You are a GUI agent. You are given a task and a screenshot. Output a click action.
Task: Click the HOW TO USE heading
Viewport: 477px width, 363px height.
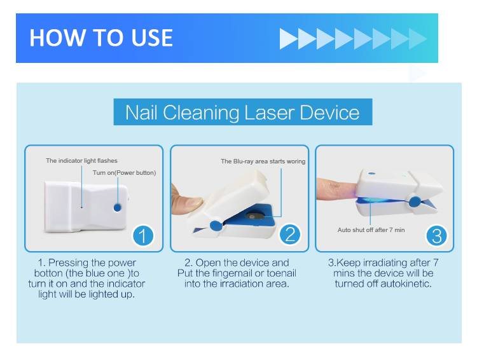point(101,38)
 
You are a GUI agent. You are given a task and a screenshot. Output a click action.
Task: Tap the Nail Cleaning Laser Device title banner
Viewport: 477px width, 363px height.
point(243,112)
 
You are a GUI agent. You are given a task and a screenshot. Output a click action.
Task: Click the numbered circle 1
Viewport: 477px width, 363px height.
point(143,236)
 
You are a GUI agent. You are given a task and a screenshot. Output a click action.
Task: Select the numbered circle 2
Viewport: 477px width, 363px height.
point(290,235)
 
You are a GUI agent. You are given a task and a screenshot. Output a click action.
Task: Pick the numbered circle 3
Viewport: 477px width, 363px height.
point(437,236)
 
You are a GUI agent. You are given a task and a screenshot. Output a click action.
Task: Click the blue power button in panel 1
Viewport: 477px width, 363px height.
point(118,208)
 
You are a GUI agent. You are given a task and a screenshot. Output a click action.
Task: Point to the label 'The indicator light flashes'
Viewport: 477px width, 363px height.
point(81,161)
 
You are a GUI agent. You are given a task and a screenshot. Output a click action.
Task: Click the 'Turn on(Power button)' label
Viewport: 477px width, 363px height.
point(124,173)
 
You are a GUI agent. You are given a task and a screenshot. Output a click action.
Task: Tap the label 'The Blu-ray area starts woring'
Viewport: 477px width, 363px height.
point(263,161)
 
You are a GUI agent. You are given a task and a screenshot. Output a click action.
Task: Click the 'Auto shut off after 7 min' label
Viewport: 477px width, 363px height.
point(371,230)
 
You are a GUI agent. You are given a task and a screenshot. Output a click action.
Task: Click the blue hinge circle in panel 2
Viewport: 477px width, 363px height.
point(216,226)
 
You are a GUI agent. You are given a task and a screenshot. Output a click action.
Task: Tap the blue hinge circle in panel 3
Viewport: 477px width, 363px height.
point(415,202)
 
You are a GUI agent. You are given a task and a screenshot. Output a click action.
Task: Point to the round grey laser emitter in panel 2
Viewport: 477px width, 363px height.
point(252,216)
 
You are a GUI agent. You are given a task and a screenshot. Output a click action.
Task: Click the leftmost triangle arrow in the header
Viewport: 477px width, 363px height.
point(288,39)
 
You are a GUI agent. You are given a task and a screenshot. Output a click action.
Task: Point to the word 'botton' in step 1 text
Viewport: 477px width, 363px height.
point(49,273)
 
